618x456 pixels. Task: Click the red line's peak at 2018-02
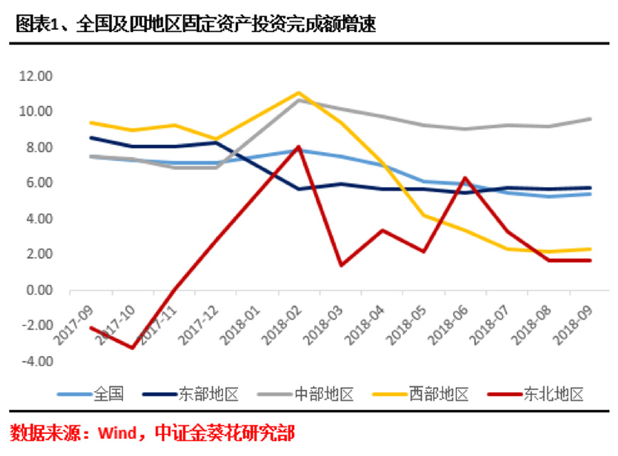299,147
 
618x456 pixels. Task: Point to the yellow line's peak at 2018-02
299,92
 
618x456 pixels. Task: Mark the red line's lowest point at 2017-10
133,348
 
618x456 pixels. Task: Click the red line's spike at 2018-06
465,178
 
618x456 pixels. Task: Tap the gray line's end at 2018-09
591,119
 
